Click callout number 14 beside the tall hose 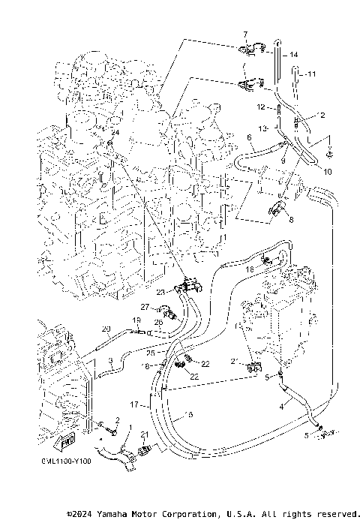(x=294, y=55)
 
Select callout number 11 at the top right (x=313, y=74)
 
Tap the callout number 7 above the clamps (x=244, y=36)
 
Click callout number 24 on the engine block (x=114, y=133)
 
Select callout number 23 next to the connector (x=160, y=292)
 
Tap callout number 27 (x=145, y=306)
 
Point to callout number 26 (x=159, y=323)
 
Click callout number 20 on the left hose (x=106, y=329)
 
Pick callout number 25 (x=150, y=353)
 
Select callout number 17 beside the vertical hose (x=134, y=404)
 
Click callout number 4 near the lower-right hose (x=281, y=406)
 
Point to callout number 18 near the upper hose (x=248, y=268)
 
